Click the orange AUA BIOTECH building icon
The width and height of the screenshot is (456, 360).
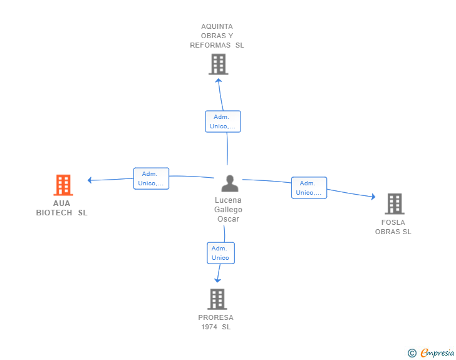click(x=63, y=185)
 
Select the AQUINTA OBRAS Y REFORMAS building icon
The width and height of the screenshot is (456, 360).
click(x=218, y=64)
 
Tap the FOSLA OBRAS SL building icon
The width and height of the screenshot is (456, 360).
click(x=394, y=203)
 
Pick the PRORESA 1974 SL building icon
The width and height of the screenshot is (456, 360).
click(x=217, y=299)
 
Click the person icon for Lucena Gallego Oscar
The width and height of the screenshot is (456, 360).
click(x=230, y=183)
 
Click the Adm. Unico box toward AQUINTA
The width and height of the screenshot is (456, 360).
click(x=223, y=121)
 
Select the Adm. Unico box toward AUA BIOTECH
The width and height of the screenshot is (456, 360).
click(x=151, y=178)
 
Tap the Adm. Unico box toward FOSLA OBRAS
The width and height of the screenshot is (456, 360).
click(x=309, y=188)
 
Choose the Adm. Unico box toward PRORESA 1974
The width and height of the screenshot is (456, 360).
click(x=220, y=253)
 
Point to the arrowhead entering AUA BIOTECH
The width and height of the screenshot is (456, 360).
click(x=90, y=180)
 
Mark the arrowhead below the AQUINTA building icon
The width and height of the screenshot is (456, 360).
click(x=219, y=80)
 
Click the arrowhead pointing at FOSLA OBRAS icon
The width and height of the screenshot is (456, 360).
click(x=373, y=197)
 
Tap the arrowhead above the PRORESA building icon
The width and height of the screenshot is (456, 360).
click(x=217, y=280)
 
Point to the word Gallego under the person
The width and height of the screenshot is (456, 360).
click(x=228, y=210)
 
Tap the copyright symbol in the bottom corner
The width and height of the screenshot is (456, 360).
click(x=412, y=353)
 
